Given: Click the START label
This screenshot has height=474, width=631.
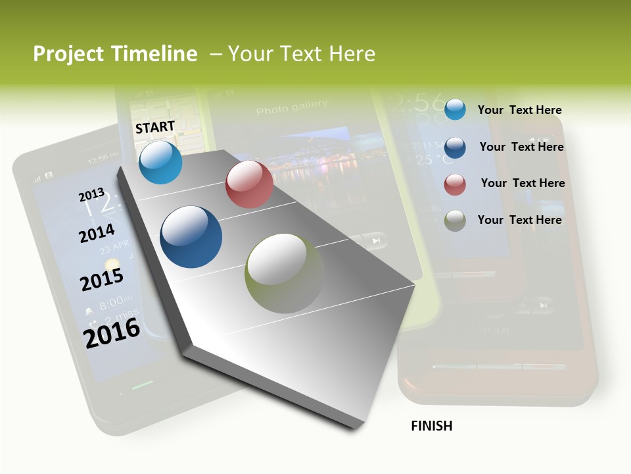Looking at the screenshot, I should pos(155,127).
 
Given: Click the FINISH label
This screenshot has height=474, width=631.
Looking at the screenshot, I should pos(431,426).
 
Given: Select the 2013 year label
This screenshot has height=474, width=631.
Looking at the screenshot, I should pos(91,195).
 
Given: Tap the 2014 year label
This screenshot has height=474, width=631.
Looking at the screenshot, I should pos(97,234).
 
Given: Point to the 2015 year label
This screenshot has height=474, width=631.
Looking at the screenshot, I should pos(102,279).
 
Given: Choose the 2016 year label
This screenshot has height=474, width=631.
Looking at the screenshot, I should pos(112,332).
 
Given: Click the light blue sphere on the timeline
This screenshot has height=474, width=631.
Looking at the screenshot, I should pos(160,163).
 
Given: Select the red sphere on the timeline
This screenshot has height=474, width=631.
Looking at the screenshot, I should pos(249,184).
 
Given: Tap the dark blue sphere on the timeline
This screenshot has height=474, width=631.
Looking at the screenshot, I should pos(191,237).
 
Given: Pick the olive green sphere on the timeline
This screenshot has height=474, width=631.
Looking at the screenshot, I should pos(284,273).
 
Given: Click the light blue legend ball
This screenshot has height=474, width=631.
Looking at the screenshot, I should pos(455,109).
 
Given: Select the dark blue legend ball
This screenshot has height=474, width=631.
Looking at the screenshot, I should pos(455,147).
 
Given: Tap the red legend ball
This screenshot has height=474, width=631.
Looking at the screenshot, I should pos(455,184).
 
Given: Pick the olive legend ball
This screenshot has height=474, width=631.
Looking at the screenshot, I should pos(455,221).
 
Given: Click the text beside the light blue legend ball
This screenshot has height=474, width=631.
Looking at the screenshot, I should pos(519,110).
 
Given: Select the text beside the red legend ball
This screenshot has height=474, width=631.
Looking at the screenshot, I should pos(523,183).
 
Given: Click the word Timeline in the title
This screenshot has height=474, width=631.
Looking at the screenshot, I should pos(154,54).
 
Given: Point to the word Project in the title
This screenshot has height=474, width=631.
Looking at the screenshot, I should pos(69,54).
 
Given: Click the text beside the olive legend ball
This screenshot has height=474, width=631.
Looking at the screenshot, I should pos(519,220).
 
